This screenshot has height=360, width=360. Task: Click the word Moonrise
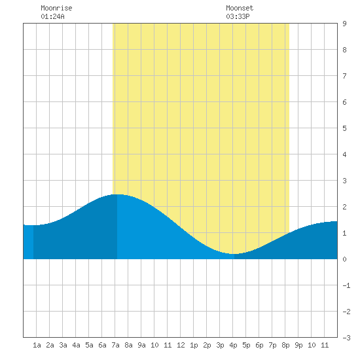click(x=56, y=8)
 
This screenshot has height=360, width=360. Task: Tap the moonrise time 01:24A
click(x=52, y=16)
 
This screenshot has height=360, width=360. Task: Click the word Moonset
click(x=240, y=8)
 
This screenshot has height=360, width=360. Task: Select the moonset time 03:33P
click(x=238, y=16)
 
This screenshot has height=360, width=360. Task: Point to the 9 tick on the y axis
click(x=344, y=24)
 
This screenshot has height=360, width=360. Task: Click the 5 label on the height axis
click(x=344, y=128)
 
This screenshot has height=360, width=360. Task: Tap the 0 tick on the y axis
click(x=344, y=259)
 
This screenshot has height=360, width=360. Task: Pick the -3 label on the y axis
click(x=346, y=338)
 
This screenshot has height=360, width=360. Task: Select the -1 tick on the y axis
click(x=346, y=285)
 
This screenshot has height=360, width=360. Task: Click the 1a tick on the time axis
click(x=37, y=345)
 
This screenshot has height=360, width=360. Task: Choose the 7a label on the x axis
click(x=115, y=345)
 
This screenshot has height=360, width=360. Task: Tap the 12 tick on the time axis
click(x=181, y=345)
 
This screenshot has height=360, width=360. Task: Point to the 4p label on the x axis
click(x=233, y=345)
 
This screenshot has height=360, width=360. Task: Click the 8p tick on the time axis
click(x=285, y=345)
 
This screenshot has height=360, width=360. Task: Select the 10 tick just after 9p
click(x=312, y=345)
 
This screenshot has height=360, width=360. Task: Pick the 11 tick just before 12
click(x=168, y=345)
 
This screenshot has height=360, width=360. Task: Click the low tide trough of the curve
click(x=234, y=254)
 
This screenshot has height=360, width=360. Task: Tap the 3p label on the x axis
click(x=220, y=345)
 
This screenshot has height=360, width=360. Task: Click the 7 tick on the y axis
click(x=344, y=76)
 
